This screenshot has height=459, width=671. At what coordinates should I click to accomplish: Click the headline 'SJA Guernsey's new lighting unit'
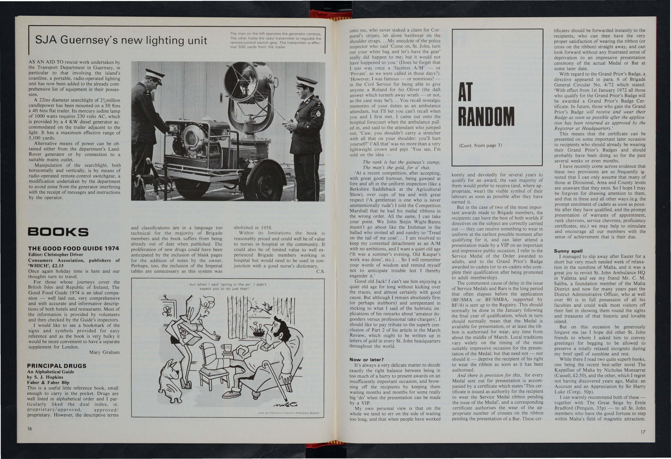pos(121,40)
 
